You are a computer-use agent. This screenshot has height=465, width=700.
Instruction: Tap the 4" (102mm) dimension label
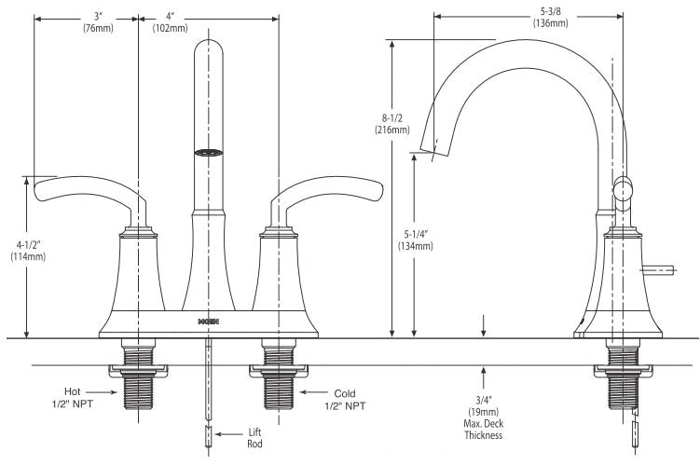click(x=170, y=22)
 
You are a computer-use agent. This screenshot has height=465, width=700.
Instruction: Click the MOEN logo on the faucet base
click(x=208, y=320)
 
